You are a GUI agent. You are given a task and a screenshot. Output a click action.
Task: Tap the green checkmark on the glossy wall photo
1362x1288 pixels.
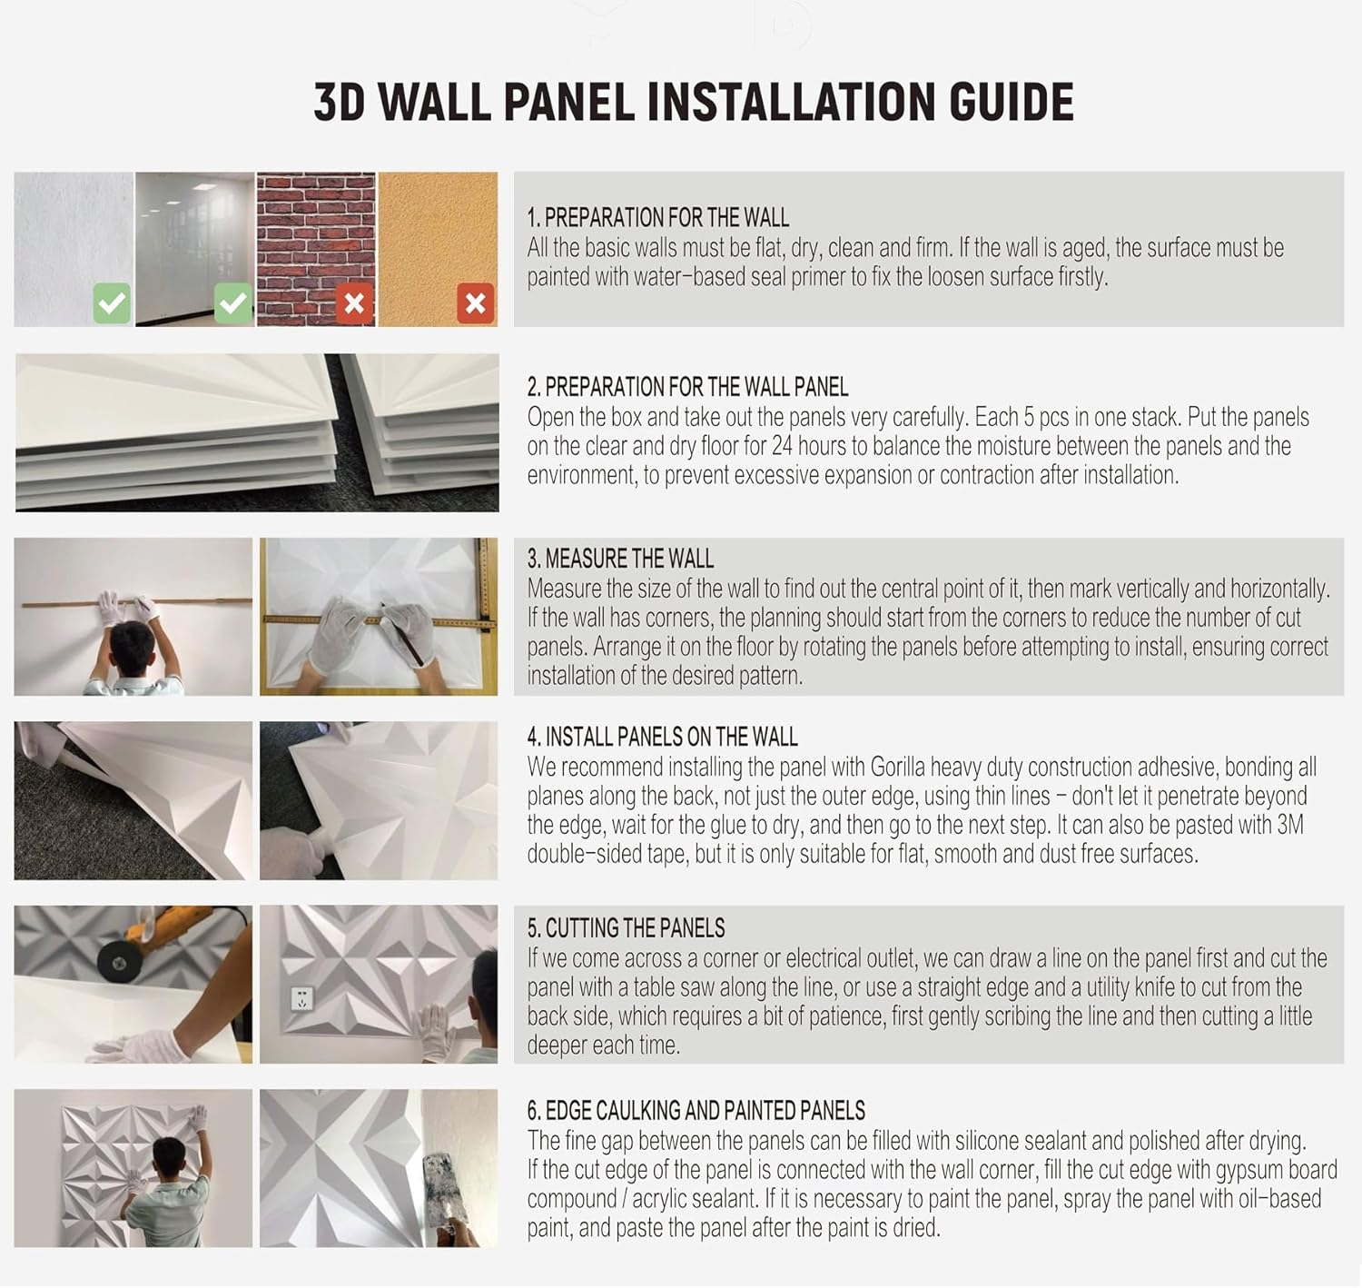(x=232, y=303)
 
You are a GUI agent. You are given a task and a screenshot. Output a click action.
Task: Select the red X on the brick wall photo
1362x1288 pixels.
(x=354, y=303)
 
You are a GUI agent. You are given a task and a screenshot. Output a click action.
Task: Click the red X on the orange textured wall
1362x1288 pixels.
(x=475, y=303)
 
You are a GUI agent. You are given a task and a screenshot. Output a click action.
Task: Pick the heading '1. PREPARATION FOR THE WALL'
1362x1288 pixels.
(x=657, y=218)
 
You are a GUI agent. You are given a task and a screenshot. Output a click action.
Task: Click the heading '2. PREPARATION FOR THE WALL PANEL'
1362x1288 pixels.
(x=687, y=387)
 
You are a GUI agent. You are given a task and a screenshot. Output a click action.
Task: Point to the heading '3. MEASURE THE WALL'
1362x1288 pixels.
(x=620, y=558)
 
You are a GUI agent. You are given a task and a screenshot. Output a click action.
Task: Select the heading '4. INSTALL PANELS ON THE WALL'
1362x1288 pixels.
(x=662, y=737)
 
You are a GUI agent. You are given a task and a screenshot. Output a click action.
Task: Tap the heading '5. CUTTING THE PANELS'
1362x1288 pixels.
(x=626, y=927)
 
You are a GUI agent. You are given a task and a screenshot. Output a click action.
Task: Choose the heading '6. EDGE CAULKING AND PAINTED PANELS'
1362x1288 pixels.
(x=696, y=1111)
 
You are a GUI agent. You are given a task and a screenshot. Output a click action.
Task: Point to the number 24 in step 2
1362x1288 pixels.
(x=782, y=446)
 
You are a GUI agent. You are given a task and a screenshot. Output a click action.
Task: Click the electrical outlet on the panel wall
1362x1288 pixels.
(x=302, y=998)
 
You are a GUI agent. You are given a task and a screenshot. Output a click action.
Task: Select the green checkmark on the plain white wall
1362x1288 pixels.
(x=112, y=303)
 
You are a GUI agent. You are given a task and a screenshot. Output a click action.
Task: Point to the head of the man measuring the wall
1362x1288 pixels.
(x=133, y=641)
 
